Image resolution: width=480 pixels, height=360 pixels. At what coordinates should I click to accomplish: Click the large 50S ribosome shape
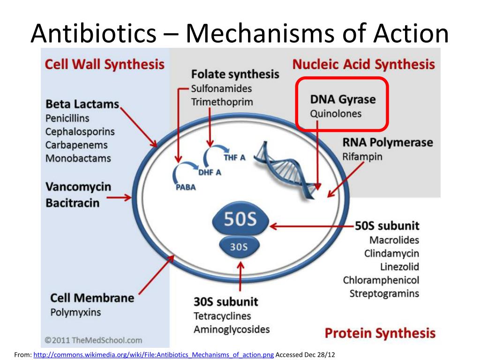click(240, 221)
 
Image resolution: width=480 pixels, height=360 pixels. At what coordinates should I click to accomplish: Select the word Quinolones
click(336, 114)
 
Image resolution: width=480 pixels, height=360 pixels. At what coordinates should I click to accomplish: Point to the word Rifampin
click(362, 157)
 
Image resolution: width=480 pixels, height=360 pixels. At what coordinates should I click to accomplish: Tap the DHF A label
click(210, 172)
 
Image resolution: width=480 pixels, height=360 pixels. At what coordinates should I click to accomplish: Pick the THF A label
click(234, 157)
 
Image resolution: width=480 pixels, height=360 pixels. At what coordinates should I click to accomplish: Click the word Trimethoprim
click(222, 102)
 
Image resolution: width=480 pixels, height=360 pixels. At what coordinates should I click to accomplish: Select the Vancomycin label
click(78, 187)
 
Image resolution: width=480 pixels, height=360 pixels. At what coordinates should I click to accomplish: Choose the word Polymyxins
click(75, 312)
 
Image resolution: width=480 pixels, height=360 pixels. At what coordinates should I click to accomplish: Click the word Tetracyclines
click(222, 316)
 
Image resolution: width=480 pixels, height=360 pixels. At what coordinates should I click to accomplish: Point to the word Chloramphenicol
click(381, 280)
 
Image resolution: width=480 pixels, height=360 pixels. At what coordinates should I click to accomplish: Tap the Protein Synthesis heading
click(380, 333)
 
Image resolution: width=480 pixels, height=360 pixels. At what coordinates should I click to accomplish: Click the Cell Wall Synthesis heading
click(105, 64)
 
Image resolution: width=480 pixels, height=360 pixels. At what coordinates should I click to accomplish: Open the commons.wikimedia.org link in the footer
click(154, 354)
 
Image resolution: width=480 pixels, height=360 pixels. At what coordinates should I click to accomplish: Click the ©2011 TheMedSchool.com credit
click(93, 340)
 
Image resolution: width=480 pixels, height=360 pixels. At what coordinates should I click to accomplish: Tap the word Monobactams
click(78, 158)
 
